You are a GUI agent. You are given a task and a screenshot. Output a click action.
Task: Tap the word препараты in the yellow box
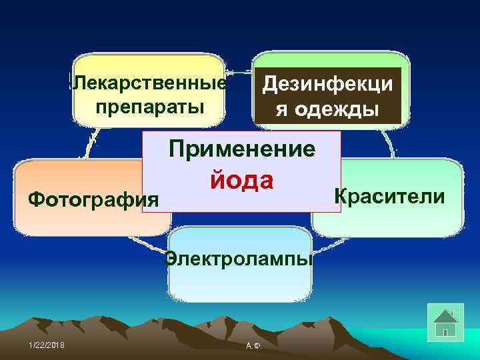click(149, 107)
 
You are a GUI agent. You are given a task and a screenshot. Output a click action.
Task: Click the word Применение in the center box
click(242, 148)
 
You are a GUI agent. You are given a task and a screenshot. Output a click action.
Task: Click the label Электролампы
click(239, 257)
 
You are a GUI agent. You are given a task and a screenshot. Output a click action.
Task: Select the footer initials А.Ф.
click(253, 346)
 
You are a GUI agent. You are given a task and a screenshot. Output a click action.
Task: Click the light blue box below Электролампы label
click(239, 287)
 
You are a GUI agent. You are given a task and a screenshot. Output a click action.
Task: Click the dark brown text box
click(329, 96)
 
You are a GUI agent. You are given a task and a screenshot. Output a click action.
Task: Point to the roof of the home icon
click(445, 313)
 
